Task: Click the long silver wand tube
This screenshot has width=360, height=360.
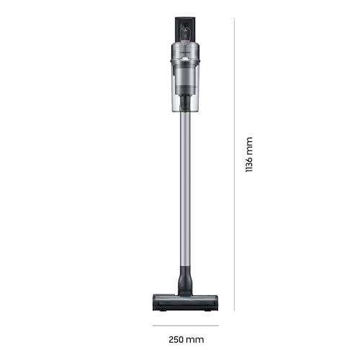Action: click(x=186, y=187)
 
